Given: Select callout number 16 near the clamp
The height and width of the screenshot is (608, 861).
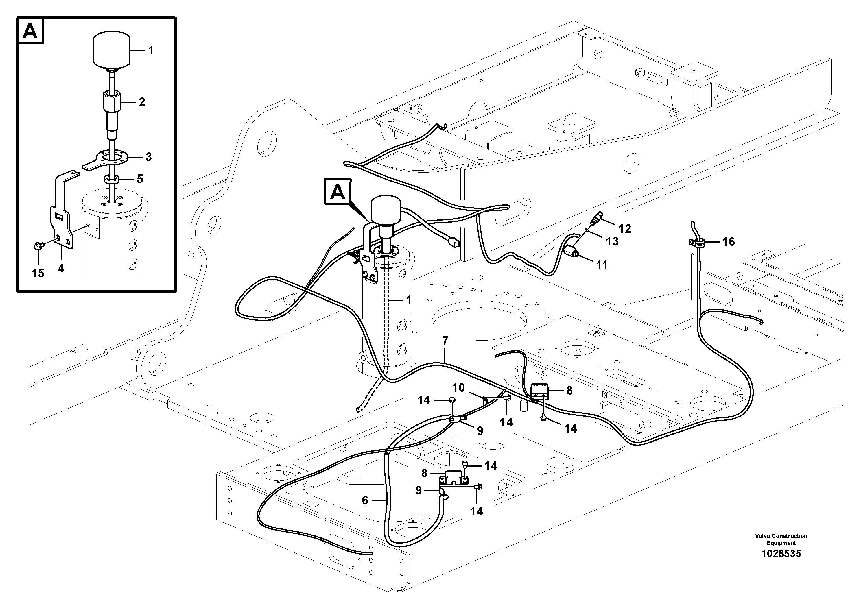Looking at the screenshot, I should tap(728, 242).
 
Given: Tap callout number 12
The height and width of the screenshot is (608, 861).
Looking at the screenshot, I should tap(625, 228).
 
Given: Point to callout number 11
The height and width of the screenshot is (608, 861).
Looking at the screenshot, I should tap(602, 265).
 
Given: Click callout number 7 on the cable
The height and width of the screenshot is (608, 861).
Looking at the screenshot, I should tap(445, 341).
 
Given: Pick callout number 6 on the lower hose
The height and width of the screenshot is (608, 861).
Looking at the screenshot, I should tap(365, 500).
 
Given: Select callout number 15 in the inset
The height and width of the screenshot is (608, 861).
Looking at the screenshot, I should tap(38, 273).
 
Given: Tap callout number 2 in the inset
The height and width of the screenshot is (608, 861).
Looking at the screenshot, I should tap(141, 102).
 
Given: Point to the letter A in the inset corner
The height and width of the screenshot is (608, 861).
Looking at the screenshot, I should tap(30, 32).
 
